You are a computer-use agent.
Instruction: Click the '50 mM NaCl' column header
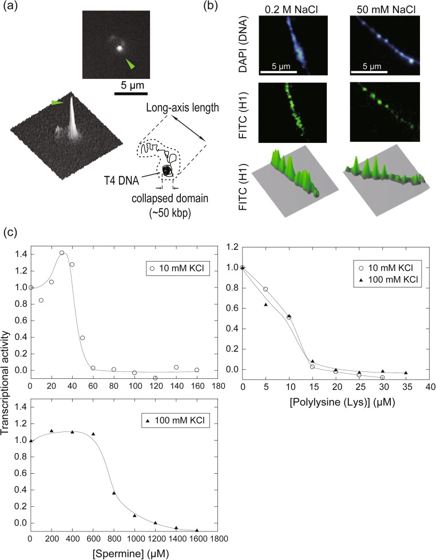(385, 9)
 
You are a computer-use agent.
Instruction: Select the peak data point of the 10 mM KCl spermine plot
(61, 253)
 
